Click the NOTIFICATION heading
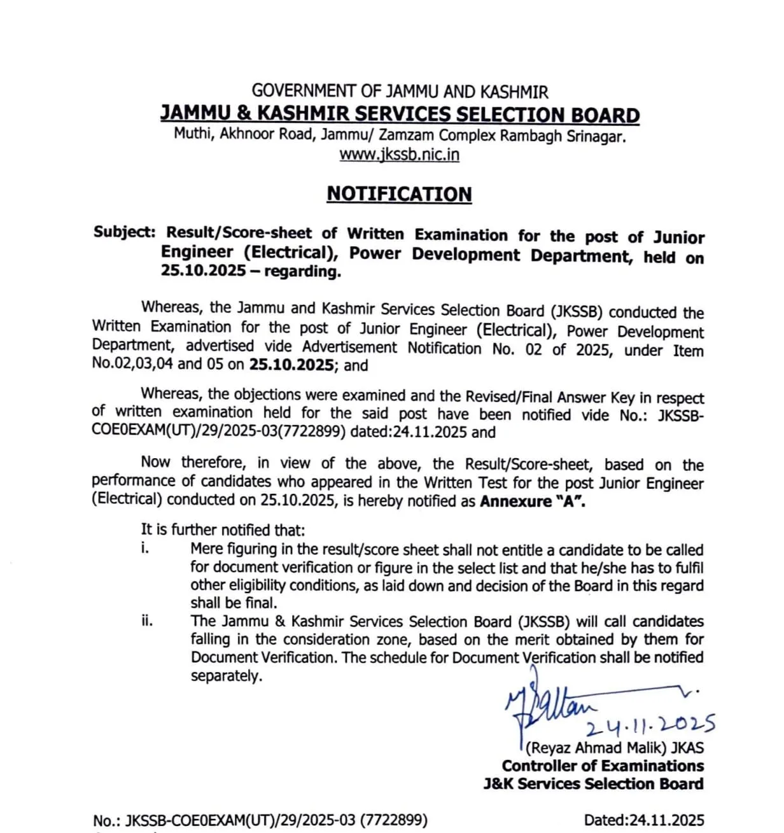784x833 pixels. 399,193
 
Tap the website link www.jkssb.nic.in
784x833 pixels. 399,155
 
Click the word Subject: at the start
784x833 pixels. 124,232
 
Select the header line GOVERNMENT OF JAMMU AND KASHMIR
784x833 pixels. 400,92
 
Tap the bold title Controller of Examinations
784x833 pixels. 603,766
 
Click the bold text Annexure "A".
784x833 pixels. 533,501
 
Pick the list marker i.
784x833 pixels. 145,548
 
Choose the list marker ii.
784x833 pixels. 147,620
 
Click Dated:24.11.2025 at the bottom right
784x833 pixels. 643,820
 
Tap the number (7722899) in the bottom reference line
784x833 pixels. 393,820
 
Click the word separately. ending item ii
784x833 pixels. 227,676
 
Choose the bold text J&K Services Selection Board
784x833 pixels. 593,784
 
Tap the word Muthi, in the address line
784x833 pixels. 194,134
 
